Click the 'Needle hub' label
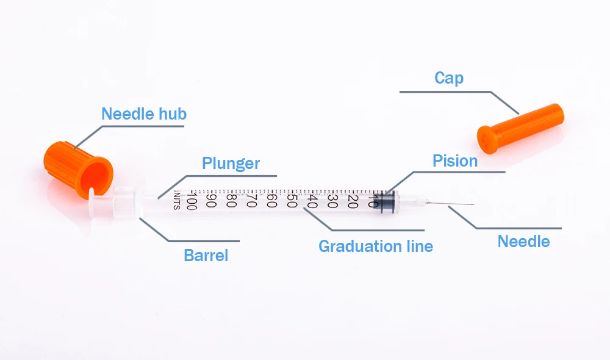(144, 113)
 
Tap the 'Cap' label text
(448, 78)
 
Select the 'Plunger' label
(231, 163)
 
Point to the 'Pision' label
(454, 161)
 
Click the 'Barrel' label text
(206, 255)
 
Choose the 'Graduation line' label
(376, 247)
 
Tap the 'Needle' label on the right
(523, 241)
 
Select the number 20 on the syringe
(353, 200)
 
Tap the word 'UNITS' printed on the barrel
(177, 199)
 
